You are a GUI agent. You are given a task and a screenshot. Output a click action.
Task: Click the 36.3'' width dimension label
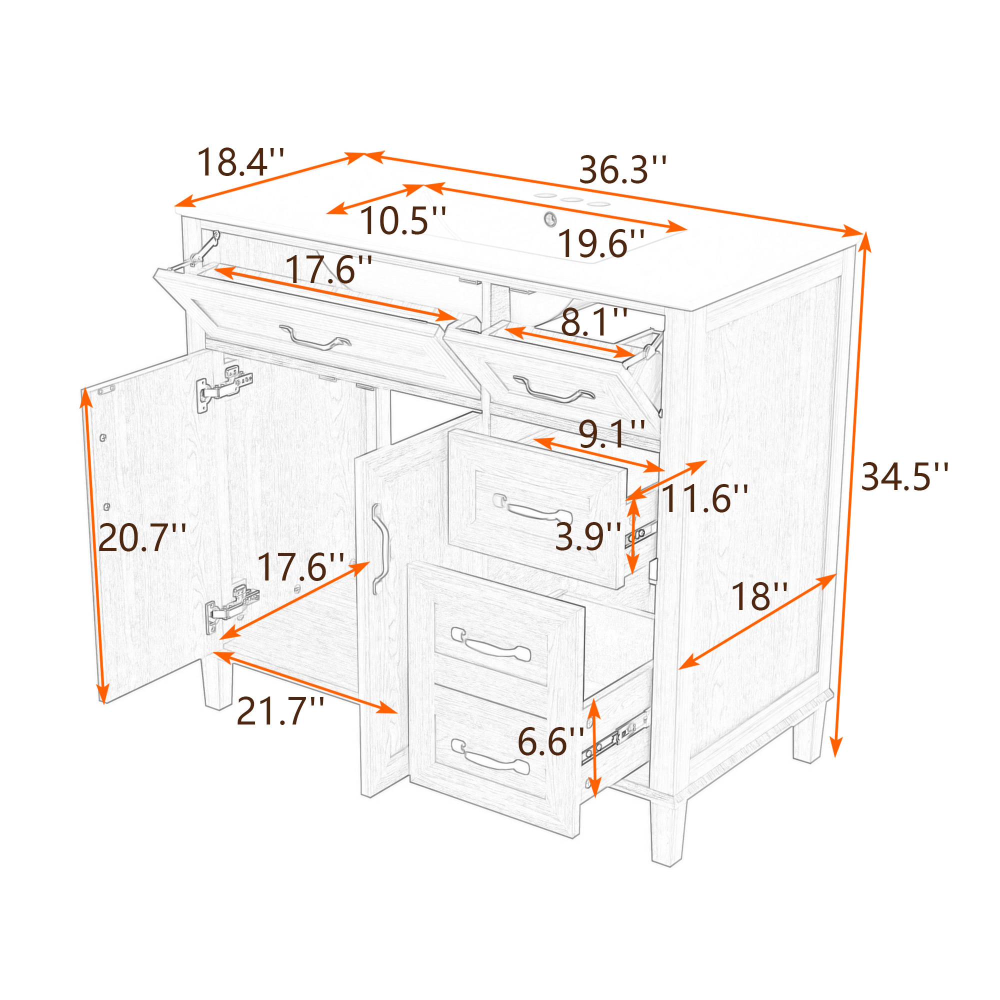click(622, 170)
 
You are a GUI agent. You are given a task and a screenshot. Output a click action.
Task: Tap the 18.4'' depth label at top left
click(240, 162)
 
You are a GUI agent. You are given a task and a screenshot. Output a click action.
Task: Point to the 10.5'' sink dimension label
click(402, 220)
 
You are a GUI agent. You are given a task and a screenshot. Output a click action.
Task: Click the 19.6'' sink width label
click(601, 243)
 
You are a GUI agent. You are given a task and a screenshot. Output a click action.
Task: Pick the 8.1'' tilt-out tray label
click(594, 322)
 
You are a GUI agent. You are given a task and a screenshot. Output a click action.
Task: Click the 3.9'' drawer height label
click(587, 536)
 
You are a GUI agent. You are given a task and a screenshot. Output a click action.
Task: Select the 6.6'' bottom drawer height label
click(550, 741)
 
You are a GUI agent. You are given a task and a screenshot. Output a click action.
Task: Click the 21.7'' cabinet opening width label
click(280, 711)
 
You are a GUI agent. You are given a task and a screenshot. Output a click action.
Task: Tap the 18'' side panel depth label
click(759, 596)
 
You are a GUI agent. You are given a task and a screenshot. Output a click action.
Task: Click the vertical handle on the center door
click(380, 548)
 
